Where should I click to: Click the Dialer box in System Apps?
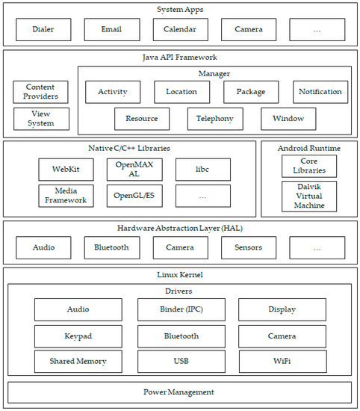click(x=43, y=30)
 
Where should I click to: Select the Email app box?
click(x=112, y=30)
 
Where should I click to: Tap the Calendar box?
click(x=181, y=30)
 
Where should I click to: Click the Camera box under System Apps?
click(x=249, y=30)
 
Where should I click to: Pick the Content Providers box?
click(x=40, y=92)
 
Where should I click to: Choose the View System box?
click(x=40, y=119)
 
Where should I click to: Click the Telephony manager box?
click(x=215, y=119)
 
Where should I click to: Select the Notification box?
click(x=320, y=92)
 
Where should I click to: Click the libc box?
click(x=203, y=170)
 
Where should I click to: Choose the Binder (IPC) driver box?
click(x=181, y=309)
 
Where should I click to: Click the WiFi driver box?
click(x=282, y=362)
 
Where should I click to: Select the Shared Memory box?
click(x=78, y=362)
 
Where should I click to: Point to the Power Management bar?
click(x=179, y=392)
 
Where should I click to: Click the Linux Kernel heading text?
click(x=179, y=275)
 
